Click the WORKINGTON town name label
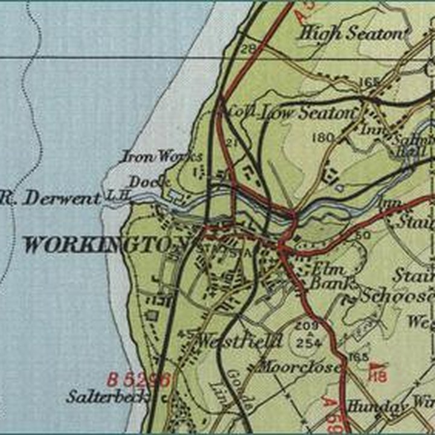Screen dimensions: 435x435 pos(106,245)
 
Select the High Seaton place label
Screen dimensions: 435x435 pos(354,33)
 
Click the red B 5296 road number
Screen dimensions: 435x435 pos(139,380)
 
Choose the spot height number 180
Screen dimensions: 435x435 pos(324,138)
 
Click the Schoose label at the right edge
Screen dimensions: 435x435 pos(396,295)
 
